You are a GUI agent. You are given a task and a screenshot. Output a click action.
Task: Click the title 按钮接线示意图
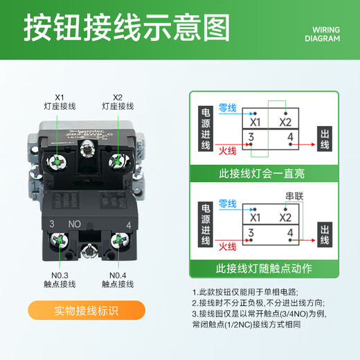point(127,29)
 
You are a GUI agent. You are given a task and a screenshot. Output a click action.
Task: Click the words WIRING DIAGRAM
point(323,35)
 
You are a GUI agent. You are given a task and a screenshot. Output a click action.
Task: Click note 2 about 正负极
point(258,303)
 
